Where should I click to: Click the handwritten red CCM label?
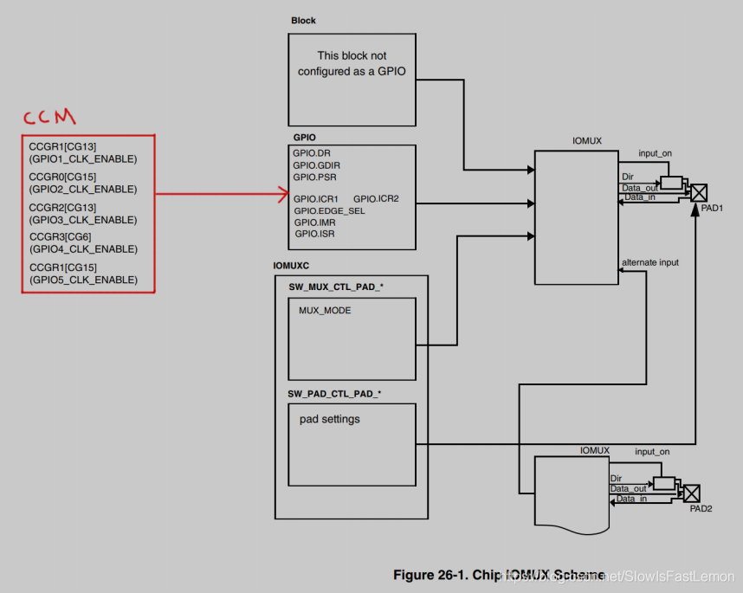[x=49, y=116]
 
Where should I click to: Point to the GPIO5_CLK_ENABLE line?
[x=83, y=280]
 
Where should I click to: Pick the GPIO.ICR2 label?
[x=376, y=199]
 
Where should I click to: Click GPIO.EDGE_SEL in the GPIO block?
[x=329, y=211]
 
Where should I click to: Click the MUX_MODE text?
[x=325, y=310]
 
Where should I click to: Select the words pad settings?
[x=330, y=419]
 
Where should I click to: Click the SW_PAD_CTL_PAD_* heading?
[x=334, y=393]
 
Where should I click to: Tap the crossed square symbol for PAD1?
[x=698, y=192]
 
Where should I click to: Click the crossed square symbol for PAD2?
[x=692, y=493]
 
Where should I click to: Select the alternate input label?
[x=649, y=262]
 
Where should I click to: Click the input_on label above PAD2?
[x=652, y=452]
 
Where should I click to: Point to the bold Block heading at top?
[x=303, y=20]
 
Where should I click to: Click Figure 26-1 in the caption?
[x=431, y=575]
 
